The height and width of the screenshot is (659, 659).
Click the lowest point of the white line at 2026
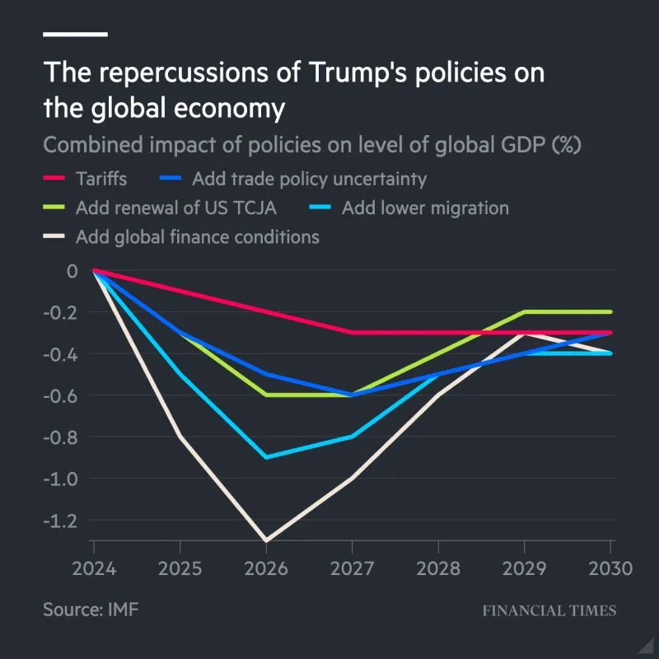click(266, 540)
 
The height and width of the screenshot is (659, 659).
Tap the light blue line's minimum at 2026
click(266, 457)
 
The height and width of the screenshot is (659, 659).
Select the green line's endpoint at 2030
click(610, 312)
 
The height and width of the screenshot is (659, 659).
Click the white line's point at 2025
click(180, 436)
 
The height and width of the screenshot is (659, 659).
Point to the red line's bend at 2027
click(352, 333)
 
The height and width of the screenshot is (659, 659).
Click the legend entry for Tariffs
click(100, 179)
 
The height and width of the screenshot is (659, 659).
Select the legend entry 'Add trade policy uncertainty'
click(309, 179)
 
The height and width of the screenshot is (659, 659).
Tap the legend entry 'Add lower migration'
click(425, 208)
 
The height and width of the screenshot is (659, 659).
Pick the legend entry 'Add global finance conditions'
click(197, 237)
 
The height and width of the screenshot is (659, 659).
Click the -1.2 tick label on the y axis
click(59, 520)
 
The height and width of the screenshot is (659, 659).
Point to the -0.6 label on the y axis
click(59, 395)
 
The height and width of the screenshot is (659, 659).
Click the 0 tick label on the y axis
click(72, 271)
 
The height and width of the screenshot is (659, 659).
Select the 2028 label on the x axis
click(438, 569)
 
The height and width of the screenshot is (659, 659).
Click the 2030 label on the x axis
click(610, 569)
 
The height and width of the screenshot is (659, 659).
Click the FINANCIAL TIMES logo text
click(549, 611)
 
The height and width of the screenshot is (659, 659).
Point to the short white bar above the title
click(75, 34)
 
